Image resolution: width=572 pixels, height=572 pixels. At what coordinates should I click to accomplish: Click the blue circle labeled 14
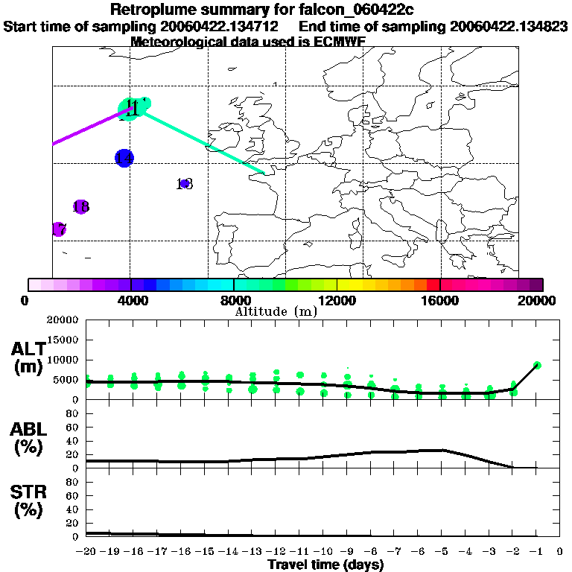124,158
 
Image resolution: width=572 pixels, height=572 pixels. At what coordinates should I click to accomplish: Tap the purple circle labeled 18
81,207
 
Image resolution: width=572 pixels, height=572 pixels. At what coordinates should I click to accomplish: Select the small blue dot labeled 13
185,183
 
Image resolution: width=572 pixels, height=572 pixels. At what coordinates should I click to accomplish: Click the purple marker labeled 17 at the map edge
58,229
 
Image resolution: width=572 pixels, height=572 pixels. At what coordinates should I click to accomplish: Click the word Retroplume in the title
155,10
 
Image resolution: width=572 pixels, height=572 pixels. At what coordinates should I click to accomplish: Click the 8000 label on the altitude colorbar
233,300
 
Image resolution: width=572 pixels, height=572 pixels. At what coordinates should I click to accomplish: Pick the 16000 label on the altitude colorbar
440,300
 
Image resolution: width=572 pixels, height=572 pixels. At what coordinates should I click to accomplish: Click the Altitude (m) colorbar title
276,311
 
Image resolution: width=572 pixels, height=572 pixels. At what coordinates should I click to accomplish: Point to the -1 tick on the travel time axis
536,552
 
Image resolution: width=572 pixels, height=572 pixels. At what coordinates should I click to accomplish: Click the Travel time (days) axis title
325,565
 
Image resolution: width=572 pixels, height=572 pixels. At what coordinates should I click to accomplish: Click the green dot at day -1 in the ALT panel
537,365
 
